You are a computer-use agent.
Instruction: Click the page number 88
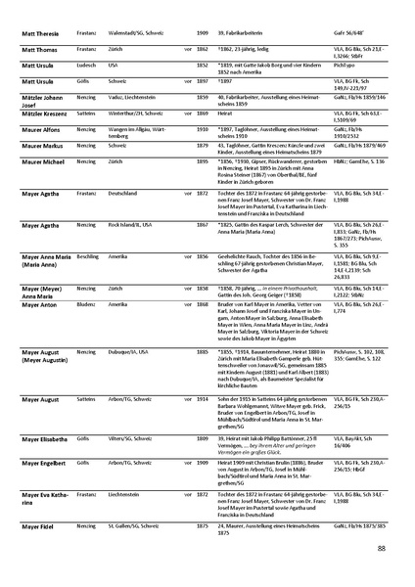tap(380, 550)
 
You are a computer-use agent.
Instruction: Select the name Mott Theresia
tap(40, 34)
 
